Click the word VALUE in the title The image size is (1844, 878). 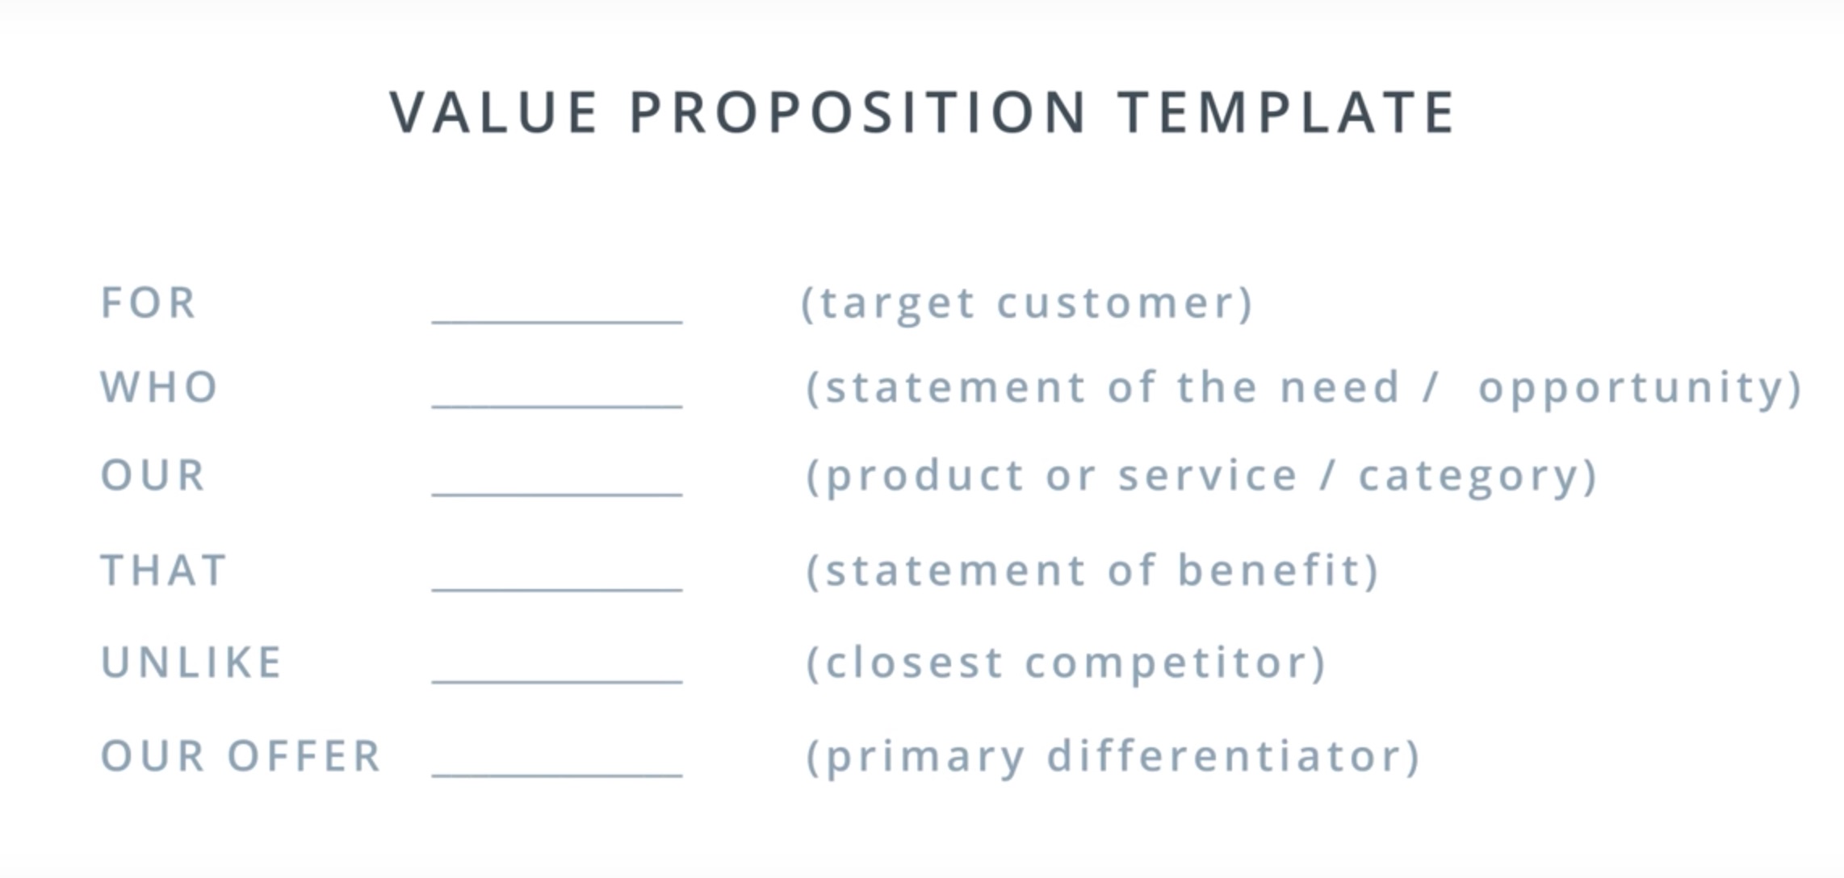point(494,112)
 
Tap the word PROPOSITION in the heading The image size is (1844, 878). point(858,112)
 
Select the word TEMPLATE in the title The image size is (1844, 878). point(1287,112)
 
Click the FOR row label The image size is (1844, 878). point(149,303)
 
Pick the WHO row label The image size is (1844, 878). point(159,387)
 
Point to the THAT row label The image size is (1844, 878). point(164,571)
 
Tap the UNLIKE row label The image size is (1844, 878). point(191,663)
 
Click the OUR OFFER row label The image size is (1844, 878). point(241,756)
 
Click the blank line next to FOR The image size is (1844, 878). point(557,321)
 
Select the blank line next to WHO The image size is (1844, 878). point(557,405)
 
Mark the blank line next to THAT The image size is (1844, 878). point(557,589)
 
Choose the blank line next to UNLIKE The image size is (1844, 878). point(557,681)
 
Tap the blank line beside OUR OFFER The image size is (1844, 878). point(557,775)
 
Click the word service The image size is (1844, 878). point(1208,475)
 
